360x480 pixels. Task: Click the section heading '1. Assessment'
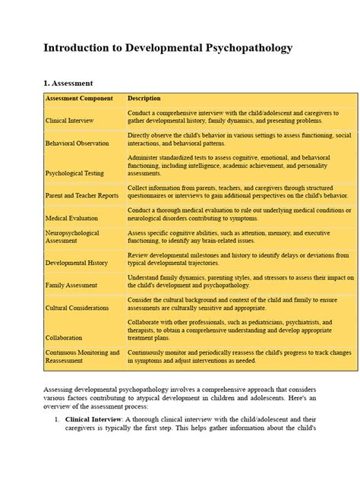pyautogui.click(x=68, y=84)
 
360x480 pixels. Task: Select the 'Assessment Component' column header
pyautogui.click(x=79, y=99)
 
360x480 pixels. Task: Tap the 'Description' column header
pyautogui.click(x=144, y=99)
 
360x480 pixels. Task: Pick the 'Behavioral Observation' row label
pyautogui.click(x=78, y=143)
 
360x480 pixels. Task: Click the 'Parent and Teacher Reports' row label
pyautogui.click(x=82, y=195)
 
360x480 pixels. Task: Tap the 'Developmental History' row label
pyautogui.click(x=77, y=263)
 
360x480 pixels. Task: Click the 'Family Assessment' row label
pyautogui.click(x=71, y=286)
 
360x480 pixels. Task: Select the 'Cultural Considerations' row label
pyautogui.click(x=77, y=308)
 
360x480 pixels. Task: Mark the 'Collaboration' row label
pyautogui.click(x=65, y=338)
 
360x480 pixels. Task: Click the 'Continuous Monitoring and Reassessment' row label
pyautogui.click(x=82, y=357)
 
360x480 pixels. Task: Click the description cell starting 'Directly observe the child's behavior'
pyautogui.click(x=239, y=139)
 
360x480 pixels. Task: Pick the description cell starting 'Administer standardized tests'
pyautogui.click(x=228, y=165)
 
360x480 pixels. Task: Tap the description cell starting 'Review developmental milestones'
pyautogui.click(x=238, y=259)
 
